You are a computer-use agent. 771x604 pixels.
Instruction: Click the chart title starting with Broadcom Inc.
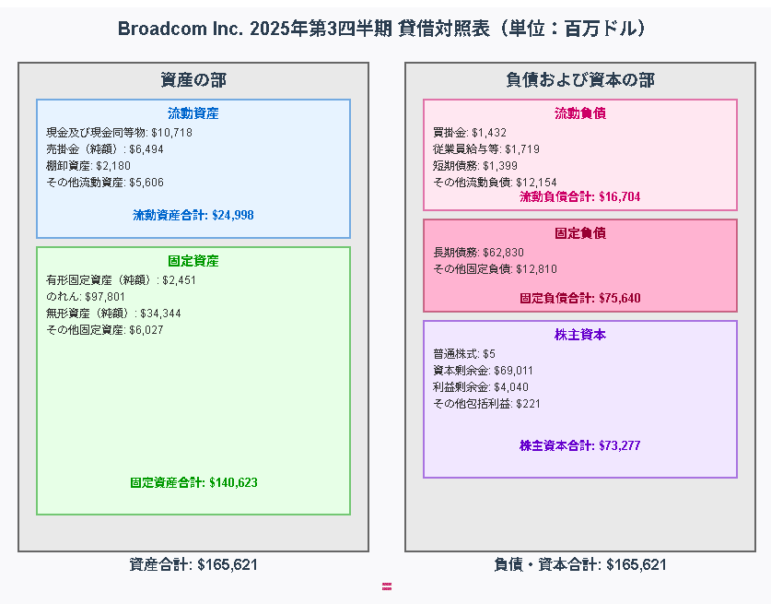click(385, 29)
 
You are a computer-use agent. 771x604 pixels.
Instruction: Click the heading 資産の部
click(193, 80)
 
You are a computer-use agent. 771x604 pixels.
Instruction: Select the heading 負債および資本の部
click(580, 80)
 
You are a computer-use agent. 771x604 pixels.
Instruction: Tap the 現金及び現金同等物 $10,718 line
click(119, 133)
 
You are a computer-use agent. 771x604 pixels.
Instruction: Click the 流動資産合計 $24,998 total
click(193, 215)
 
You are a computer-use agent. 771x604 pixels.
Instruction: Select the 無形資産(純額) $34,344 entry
click(113, 314)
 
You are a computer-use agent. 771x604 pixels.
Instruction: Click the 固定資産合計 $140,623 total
click(193, 482)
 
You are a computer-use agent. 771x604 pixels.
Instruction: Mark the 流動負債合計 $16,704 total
click(580, 196)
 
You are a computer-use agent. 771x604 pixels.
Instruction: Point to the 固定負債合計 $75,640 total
click(580, 298)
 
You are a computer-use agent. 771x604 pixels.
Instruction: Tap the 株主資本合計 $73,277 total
click(580, 445)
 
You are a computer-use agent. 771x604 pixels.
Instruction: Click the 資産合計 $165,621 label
click(193, 564)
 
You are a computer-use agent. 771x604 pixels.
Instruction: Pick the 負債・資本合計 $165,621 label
click(580, 564)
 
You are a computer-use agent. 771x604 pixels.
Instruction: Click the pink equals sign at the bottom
click(387, 586)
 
